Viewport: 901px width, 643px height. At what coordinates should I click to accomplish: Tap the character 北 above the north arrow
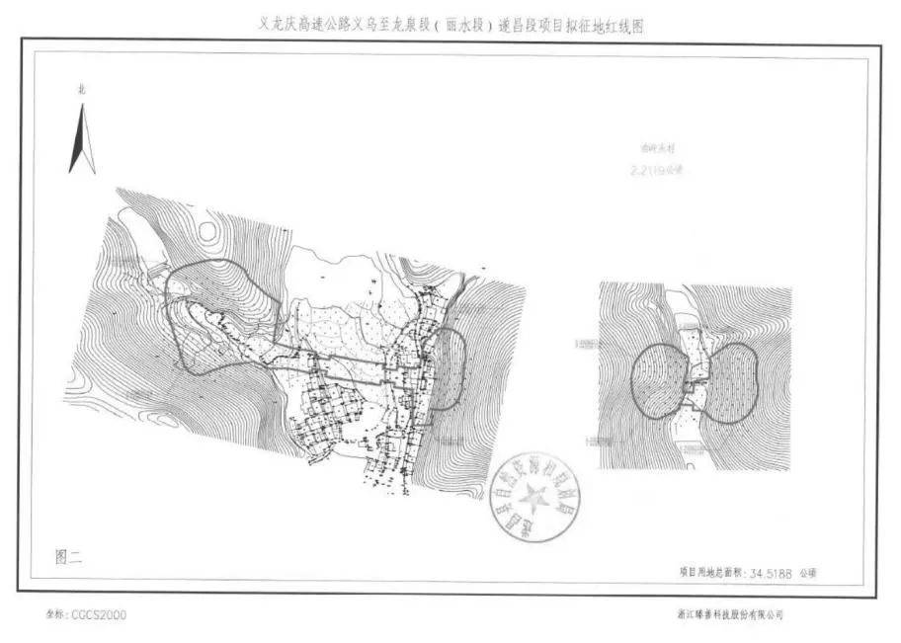[x=82, y=90]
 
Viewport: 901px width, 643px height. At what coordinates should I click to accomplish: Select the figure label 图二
[x=69, y=557]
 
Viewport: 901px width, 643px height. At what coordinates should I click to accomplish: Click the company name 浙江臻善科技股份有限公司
[x=729, y=614]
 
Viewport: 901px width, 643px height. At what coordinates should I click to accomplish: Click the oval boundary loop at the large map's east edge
[x=450, y=368]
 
